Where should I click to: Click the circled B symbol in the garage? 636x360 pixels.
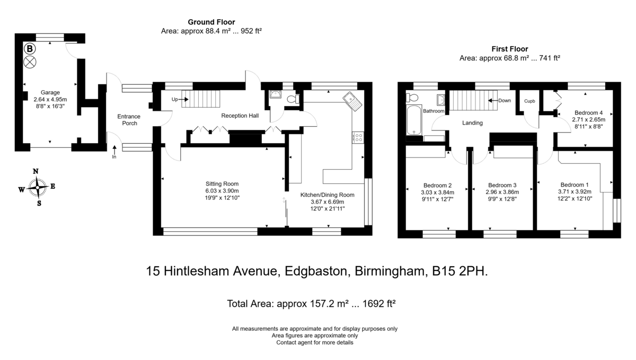30,49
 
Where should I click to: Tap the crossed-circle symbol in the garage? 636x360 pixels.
30,62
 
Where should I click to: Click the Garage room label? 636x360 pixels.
50,92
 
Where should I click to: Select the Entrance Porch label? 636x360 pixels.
129,120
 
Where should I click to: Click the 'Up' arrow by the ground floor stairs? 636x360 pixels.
183,99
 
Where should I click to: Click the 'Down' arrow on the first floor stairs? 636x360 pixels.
493,100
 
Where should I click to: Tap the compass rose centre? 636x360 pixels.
38,187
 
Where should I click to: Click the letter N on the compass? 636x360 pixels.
36,171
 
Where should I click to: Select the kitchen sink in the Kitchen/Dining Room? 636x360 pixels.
352,101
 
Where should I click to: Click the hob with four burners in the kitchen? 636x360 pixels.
358,137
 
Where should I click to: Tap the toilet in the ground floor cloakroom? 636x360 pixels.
293,99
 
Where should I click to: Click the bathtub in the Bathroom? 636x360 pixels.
414,120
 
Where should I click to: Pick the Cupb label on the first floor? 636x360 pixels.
529,101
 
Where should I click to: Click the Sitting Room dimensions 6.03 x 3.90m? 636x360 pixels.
222,191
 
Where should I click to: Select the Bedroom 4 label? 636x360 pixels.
589,112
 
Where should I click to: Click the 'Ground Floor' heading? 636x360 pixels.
211,22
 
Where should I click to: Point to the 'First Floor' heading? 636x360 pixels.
510,49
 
